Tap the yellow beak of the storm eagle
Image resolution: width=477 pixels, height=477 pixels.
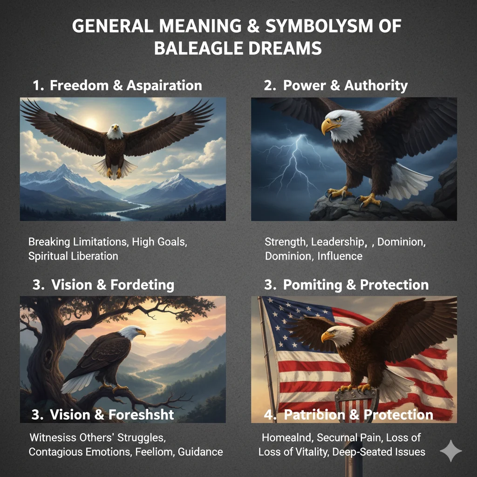(329, 126)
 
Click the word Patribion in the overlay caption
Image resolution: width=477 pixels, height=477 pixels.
(315, 414)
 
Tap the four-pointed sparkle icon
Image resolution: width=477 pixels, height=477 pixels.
(451, 450)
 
